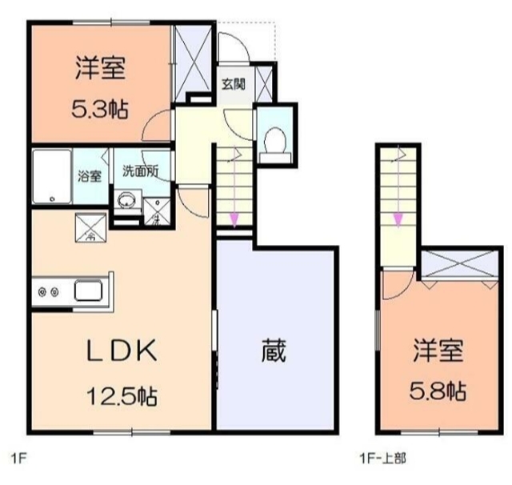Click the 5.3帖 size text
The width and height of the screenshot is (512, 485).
(x=101, y=108)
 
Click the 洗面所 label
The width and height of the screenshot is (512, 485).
(x=140, y=170)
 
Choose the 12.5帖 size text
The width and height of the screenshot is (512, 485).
(x=122, y=395)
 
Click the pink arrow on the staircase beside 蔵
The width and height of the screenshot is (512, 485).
(x=233, y=218)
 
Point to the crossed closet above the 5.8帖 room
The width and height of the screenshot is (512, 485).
(x=456, y=265)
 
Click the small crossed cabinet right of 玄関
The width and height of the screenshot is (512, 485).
(x=266, y=83)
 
